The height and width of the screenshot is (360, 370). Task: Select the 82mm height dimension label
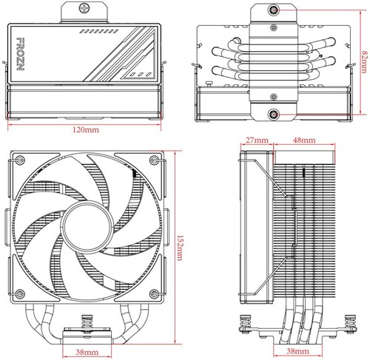coord(363,61)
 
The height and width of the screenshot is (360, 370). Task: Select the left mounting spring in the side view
coord(245,323)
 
